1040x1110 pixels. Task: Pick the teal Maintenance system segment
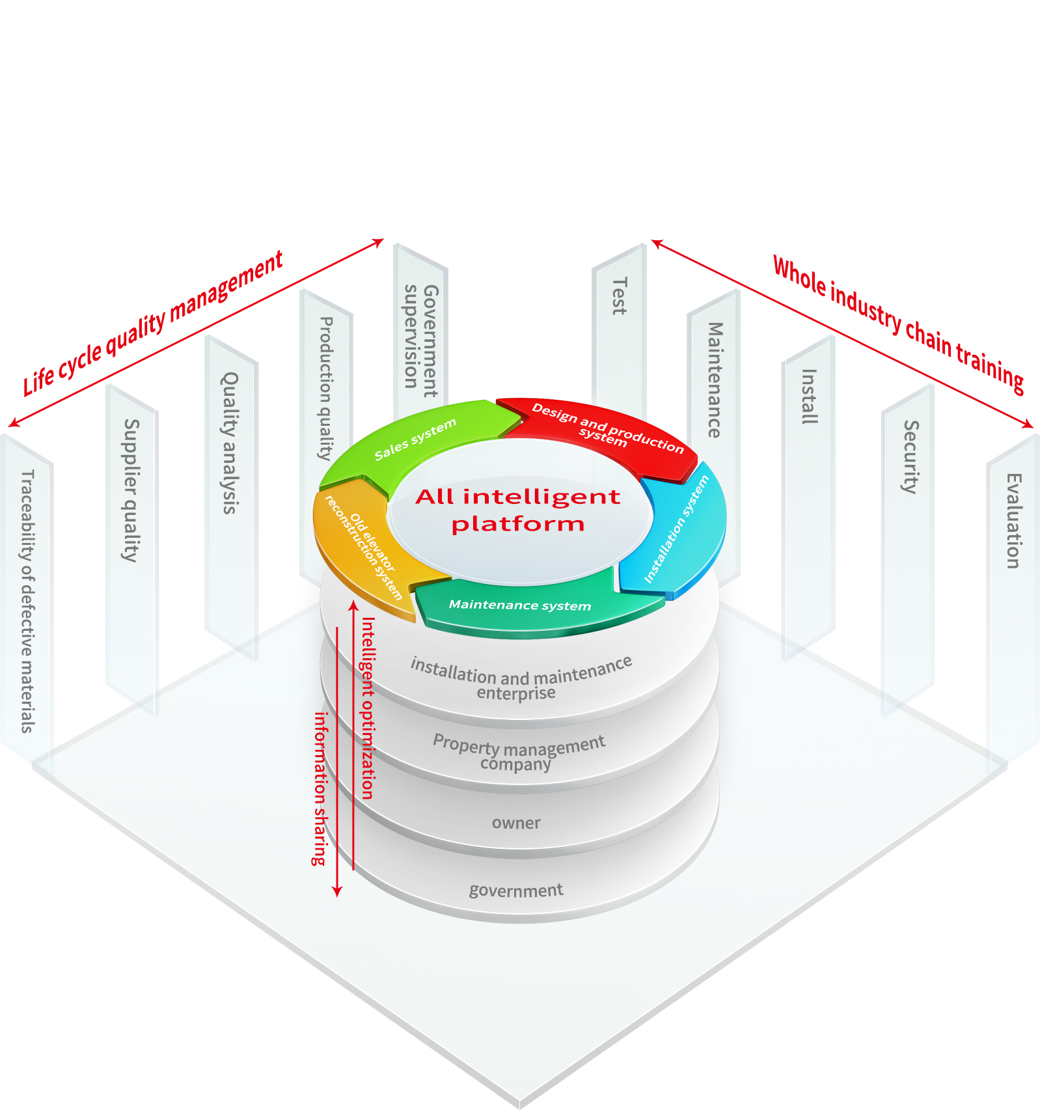[520, 605]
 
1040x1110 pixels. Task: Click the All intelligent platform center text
[518, 510]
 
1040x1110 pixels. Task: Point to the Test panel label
[620, 296]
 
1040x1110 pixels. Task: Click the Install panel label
[809, 396]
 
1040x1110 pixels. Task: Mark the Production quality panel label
[326, 388]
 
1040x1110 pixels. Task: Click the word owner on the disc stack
[516, 823]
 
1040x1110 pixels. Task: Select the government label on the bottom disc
[516, 890]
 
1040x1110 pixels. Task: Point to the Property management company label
[519, 753]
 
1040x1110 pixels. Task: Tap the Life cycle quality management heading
[154, 323]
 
